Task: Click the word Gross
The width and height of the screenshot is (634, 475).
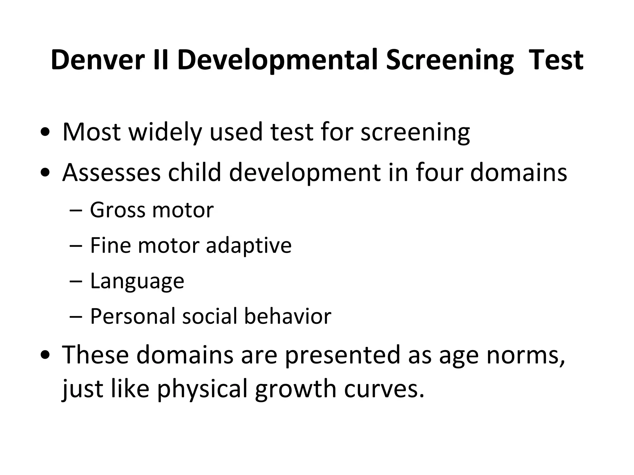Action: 117,210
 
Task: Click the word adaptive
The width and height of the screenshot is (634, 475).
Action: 249,246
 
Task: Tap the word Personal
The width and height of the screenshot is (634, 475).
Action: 132,316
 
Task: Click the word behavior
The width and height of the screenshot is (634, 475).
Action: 288,316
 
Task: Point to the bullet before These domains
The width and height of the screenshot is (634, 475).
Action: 45,355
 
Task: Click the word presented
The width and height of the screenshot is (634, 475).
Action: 342,355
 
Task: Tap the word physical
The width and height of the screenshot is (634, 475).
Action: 202,389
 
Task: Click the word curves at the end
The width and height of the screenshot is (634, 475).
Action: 384,389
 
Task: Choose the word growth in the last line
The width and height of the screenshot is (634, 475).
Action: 295,389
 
